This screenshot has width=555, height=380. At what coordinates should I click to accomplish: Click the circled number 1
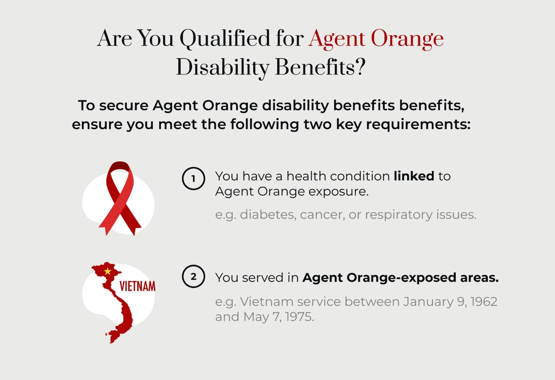193,178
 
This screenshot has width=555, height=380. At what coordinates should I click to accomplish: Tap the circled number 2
193,276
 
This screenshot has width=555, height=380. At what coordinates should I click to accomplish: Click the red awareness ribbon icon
120,198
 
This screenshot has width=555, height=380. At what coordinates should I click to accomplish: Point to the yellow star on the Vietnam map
108,271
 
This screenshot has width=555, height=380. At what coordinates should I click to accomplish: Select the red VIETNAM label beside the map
138,286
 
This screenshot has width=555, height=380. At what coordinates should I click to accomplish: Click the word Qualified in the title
225,38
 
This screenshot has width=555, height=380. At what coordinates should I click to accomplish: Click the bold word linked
414,176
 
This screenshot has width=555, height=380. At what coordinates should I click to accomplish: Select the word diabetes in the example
268,214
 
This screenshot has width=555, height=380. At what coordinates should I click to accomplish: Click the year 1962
484,301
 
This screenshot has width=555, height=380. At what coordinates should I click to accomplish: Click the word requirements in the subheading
418,125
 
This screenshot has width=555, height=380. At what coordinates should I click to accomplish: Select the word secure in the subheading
124,106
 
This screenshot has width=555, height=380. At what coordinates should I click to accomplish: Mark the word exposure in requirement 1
338,192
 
